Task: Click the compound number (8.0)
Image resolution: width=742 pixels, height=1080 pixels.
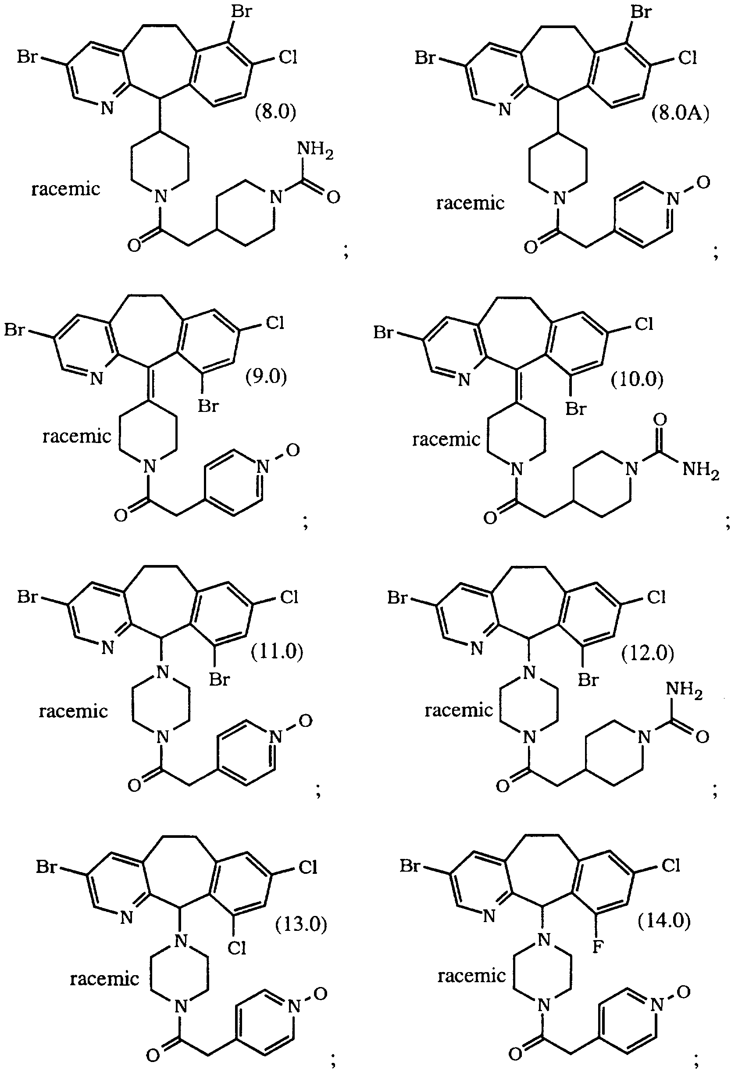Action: pos(276,112)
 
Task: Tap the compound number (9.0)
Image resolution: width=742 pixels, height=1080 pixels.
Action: pos(266,376)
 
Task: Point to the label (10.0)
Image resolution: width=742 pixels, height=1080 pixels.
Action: pos(637,379)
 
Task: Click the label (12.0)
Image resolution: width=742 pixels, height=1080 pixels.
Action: pos(648,653)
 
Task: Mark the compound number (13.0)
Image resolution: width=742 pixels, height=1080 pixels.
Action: pos(301,924)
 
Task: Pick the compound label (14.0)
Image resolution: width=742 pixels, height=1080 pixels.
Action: pos(664,920)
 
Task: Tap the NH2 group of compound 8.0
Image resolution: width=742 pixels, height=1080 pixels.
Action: pos(315,150)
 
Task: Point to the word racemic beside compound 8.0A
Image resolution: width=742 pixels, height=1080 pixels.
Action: pos(470,203)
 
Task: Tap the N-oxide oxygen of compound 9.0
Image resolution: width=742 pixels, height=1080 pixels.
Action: pos(293,450)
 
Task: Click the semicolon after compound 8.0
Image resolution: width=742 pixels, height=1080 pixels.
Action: pos(346,251)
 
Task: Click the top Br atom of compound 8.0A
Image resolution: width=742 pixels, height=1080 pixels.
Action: pos(641,11)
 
